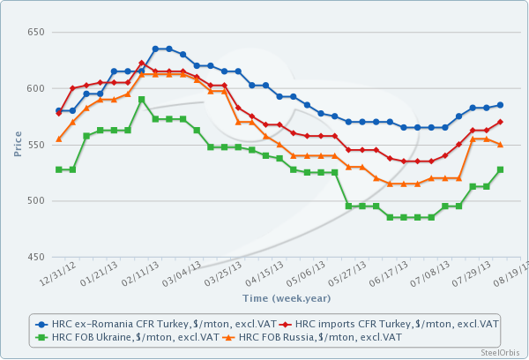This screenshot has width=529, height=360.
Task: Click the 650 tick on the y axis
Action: point(34,33)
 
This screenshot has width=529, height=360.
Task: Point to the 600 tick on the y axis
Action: point(34,88)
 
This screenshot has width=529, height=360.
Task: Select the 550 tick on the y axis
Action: point(34,145)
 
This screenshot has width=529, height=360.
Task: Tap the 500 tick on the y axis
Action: point(34,201)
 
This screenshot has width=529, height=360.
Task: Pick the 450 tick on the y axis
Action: point(34,258)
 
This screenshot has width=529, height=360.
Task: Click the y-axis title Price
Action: point(18,145)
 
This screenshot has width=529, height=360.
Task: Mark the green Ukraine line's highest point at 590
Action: point(141,100)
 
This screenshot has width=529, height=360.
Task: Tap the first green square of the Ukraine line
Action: point(59,169)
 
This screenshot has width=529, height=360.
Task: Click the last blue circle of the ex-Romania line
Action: point(500,105)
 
